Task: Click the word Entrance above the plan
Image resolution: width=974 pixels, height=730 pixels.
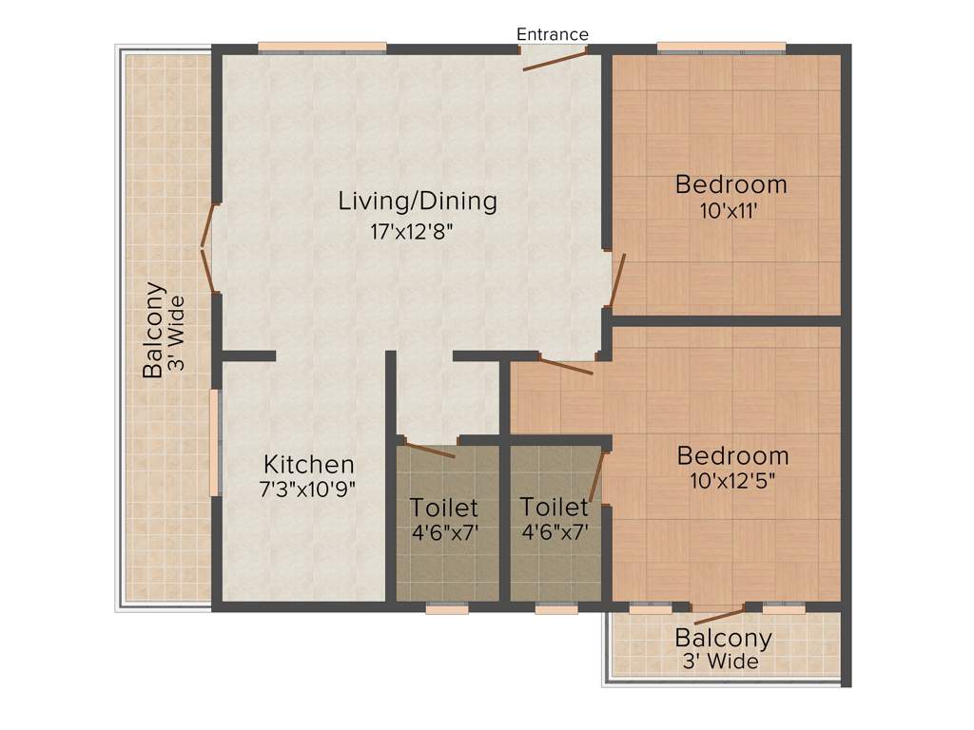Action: (552, 34)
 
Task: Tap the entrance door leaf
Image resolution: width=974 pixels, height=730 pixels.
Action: (554, 60)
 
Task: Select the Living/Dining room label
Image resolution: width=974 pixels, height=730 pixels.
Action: (419, 202)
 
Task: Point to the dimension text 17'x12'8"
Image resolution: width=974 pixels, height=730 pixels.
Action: (419, 230)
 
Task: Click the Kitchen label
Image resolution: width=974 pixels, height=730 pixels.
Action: (308, 465)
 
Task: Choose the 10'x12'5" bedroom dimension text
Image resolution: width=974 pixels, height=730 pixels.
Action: (732, 481)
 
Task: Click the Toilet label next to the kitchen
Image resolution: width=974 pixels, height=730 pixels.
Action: (444, 509)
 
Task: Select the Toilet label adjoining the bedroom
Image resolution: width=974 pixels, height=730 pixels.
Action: (555, 509)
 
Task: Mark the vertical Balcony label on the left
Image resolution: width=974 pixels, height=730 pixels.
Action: (153, 330)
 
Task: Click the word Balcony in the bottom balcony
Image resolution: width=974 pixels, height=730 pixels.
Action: (723, 638)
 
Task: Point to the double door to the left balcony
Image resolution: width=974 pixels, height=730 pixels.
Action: (209, 249)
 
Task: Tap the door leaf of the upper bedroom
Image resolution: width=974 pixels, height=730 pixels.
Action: (616, 281)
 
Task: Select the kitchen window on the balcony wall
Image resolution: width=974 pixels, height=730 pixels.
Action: (216, 442)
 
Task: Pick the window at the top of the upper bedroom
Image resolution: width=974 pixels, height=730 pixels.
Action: (721, 48)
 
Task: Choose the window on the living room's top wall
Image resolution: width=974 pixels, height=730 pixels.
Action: (321, 48)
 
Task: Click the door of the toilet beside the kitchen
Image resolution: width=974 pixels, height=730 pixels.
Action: (430, 450)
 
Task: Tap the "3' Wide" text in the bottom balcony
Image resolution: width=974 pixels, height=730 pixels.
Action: (720, 662)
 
